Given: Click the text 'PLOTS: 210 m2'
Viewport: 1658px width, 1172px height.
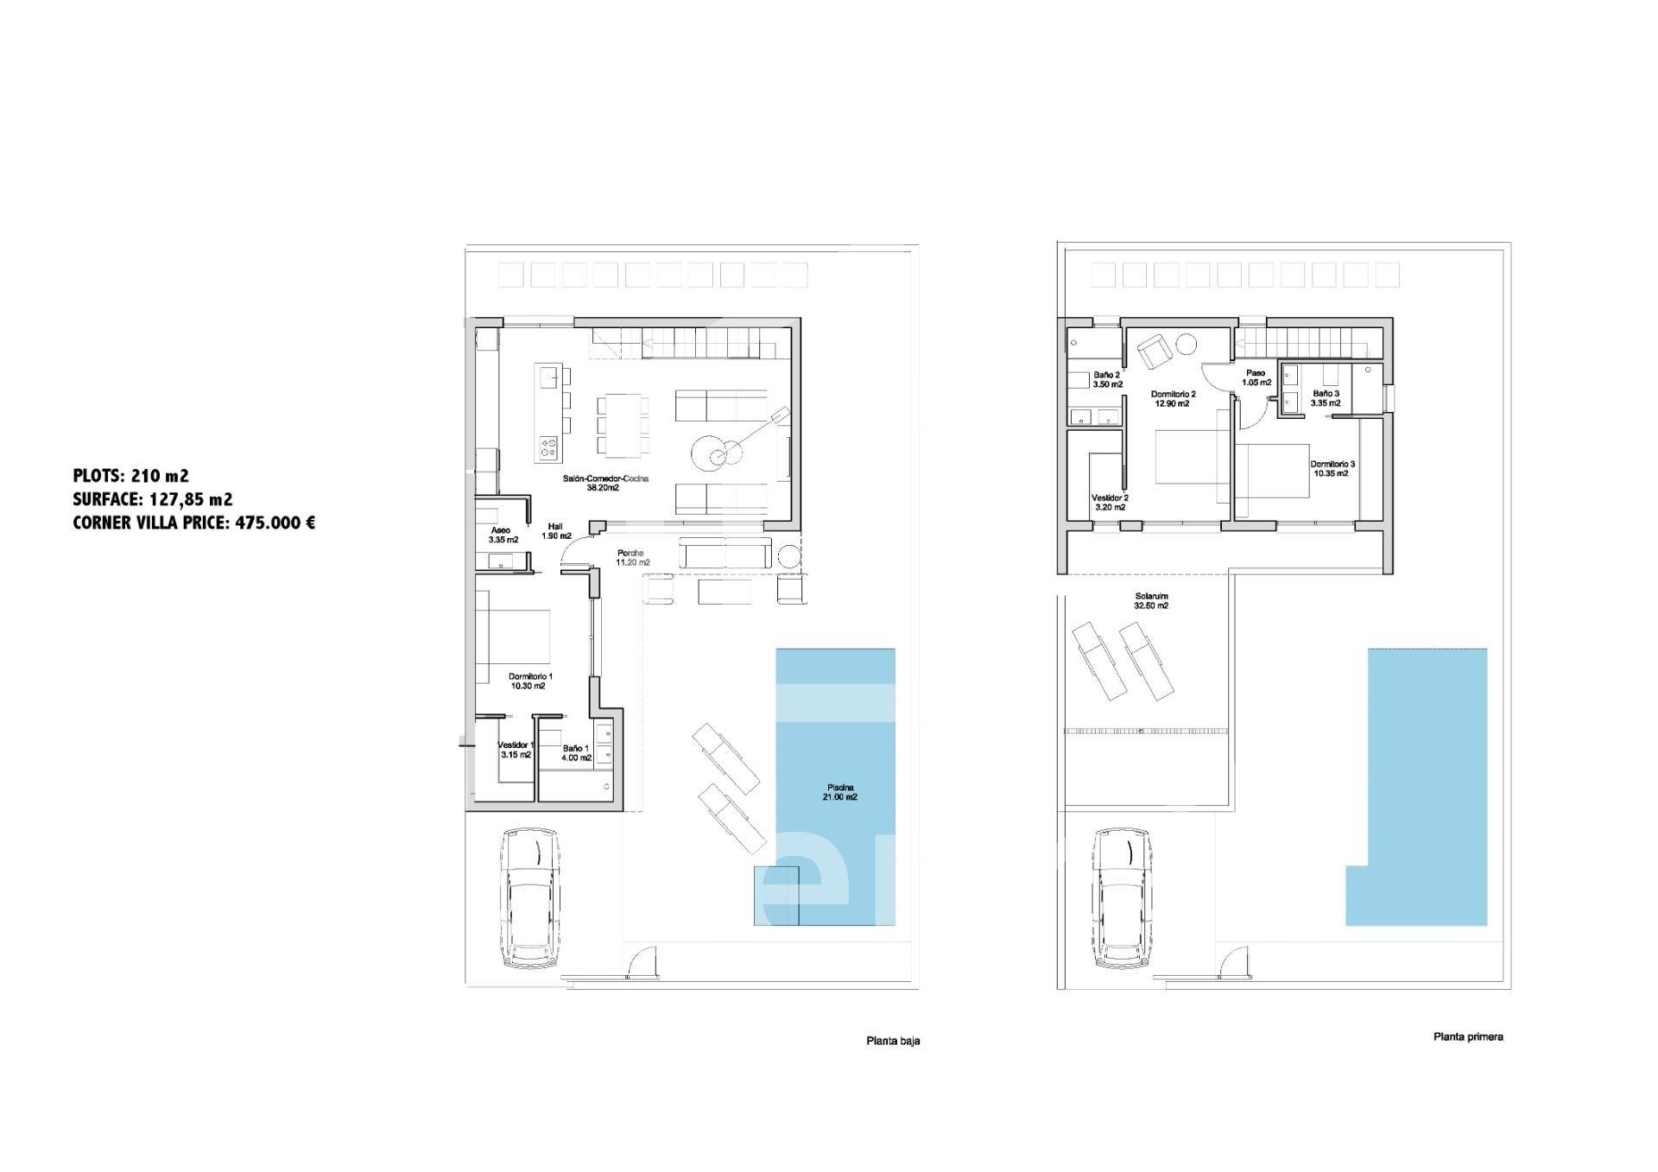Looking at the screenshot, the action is click(x=131, y=475).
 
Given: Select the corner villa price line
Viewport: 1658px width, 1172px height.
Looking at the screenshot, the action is click(x=194, y=523).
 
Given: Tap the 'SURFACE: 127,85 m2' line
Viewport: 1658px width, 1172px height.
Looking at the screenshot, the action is click(x=153, y=499).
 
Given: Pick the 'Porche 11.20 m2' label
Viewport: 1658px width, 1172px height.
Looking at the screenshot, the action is click(x=633, y=558).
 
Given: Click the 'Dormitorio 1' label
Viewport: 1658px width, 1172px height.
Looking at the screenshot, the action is click(x=530, y=676).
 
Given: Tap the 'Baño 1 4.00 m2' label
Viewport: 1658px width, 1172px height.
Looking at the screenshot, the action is click(x=576, y=753).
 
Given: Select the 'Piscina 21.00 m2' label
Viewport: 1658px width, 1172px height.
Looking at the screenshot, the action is click(x=840, y=792).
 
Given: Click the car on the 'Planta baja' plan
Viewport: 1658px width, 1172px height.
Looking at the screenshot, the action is click(x=530, y=898).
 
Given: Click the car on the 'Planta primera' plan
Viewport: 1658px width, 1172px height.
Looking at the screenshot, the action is click(x=1123, y=898).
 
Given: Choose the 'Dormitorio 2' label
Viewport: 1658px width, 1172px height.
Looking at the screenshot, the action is click(x=1174, y=394).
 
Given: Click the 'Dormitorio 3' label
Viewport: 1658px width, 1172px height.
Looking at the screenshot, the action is click(x=1333, y=464).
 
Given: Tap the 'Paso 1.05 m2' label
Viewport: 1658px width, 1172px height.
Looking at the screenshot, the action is click(x=1256, y=377).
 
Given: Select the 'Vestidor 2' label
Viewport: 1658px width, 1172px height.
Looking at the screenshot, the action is click(x=1110, y=498).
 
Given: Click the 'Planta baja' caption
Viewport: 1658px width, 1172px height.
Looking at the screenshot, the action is click(x=893, y=1041).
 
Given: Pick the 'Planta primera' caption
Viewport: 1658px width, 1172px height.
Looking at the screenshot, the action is click(x=1468, y=1036).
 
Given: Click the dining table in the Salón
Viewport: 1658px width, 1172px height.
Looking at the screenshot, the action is click(x=627, y=425).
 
